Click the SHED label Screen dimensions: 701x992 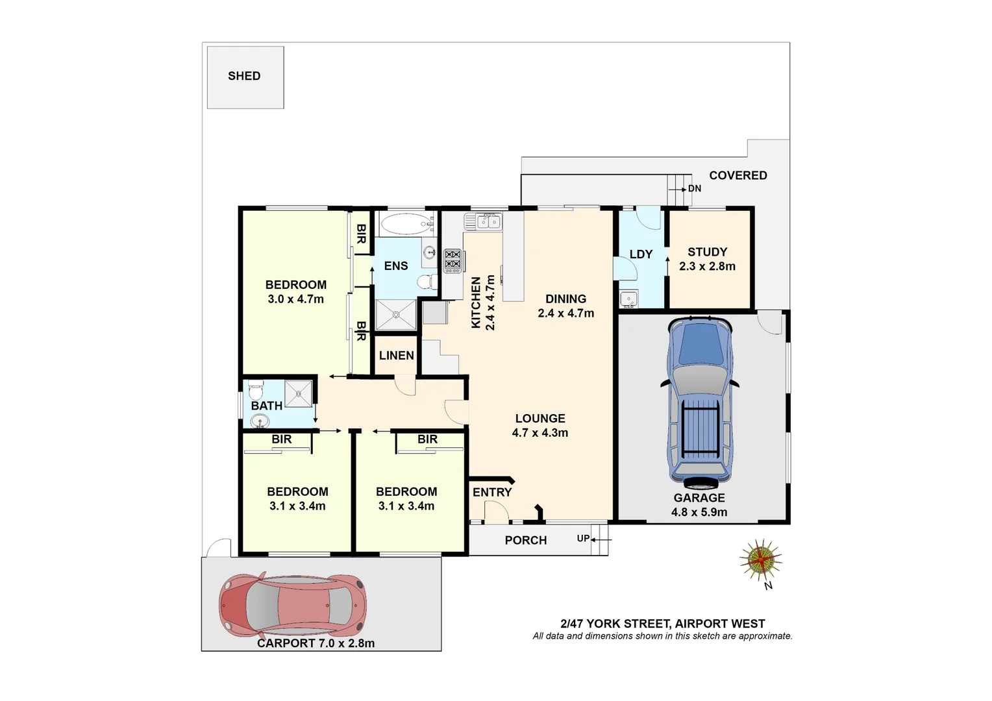click(x=244, y=76)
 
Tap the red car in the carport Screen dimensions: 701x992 click(x=293, y=605)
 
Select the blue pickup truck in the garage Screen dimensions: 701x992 click(x=700, y=402)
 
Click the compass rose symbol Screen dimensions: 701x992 click(x=760, y=560)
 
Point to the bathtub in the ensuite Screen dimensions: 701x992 click(x=406, y=225)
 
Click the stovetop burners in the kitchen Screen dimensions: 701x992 click(x=453, y=260)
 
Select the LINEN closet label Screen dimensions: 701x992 click(x=396, y=356)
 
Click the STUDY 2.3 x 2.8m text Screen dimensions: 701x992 click(x=707, y=266)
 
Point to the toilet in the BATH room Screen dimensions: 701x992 click(x=256, y=392)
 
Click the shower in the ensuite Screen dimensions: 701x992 click(x=396, y=315)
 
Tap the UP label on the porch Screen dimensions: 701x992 click(x=583, y=539)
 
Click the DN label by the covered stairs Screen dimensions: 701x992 click(x=695, y=189)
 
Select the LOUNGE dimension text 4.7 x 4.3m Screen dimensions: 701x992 click(x=540, y=433)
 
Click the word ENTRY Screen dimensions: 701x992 click(x=492, y=493)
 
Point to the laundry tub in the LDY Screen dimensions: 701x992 click(x=628, y=299)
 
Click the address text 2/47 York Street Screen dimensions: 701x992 click(x=662, y=623)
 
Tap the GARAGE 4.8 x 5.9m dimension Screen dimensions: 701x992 click(x=699, y=512)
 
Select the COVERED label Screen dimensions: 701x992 click(x=738, y=175)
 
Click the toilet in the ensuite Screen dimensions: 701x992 click(x=426, y=282)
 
